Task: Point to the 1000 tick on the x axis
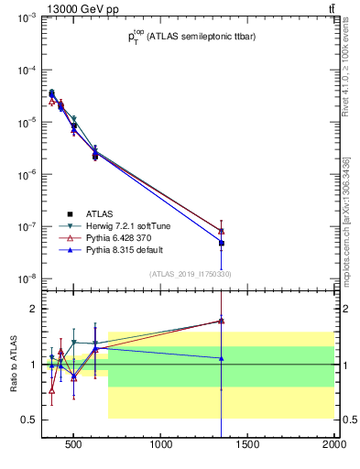[162, 446]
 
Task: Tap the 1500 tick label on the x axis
[248, 446]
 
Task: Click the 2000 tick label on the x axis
[333, 446]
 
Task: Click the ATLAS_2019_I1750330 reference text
[191, 274]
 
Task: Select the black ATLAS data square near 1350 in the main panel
[221, 243]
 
